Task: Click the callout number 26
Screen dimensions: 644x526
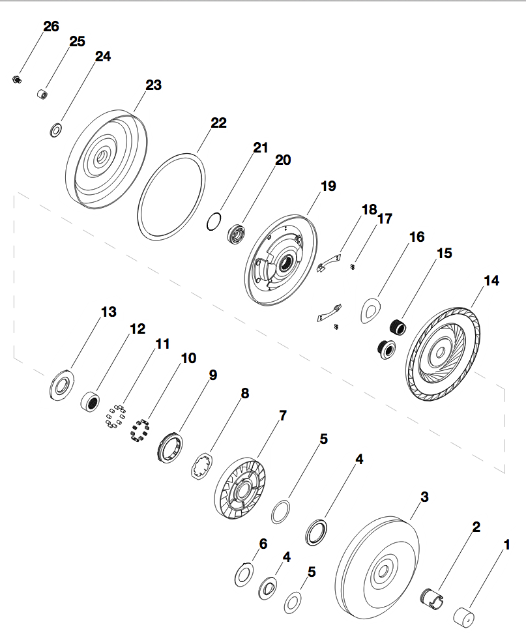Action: [x=51, y=27]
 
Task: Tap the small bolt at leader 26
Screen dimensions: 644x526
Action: [x=16, y=80]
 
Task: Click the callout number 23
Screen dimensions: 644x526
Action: [x=154, y=85]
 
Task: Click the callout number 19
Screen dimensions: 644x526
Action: [x=329, y=186]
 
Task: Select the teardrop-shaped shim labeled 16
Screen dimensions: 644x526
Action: [x=372, y=310]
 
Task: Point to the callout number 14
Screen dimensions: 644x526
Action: [x=491, y=281]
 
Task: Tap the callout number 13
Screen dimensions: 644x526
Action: [x=109, y=312]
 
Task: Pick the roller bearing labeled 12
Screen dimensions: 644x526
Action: [x=92, y=400]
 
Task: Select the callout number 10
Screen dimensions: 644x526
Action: [x=188, y=358]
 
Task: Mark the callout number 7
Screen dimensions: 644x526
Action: [x=282, y=415]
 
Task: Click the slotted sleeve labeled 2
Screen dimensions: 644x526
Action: [x=429, y=599]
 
